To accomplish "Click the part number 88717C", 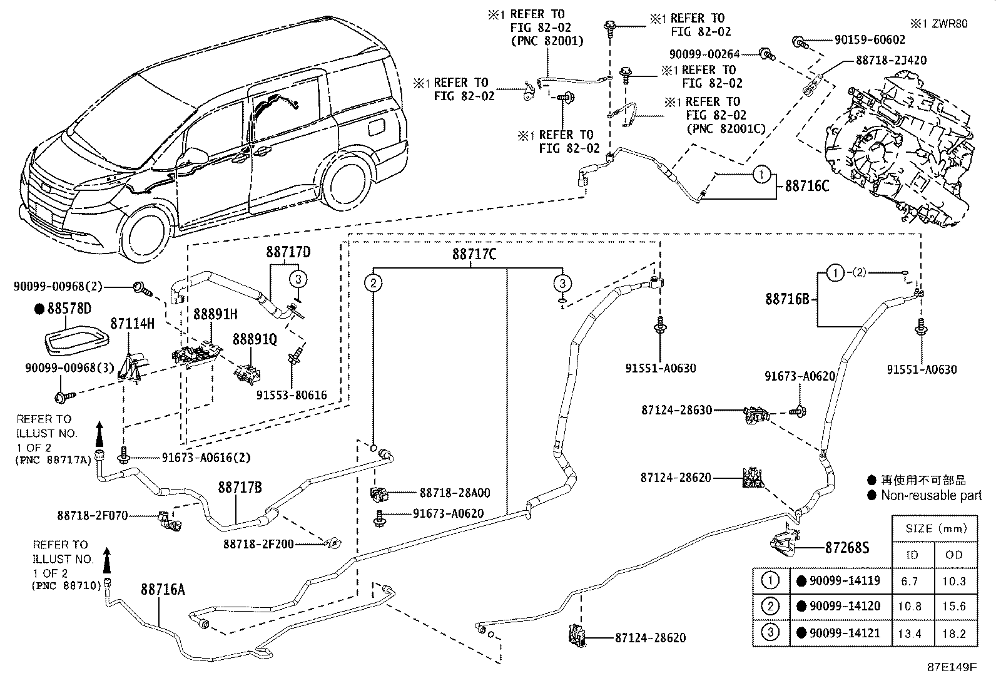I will point(474,254).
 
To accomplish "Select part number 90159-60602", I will point(870,39).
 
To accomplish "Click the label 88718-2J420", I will point(891,60).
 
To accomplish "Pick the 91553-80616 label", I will point(292,395).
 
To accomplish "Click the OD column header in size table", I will point(954,555).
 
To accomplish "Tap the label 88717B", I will point(240,487).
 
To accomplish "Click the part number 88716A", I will point(163,589).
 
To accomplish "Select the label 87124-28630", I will point(676,410).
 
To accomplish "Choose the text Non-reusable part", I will point(923,495).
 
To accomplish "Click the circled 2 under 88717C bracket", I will point(373,284).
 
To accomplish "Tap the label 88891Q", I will point(255,339).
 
